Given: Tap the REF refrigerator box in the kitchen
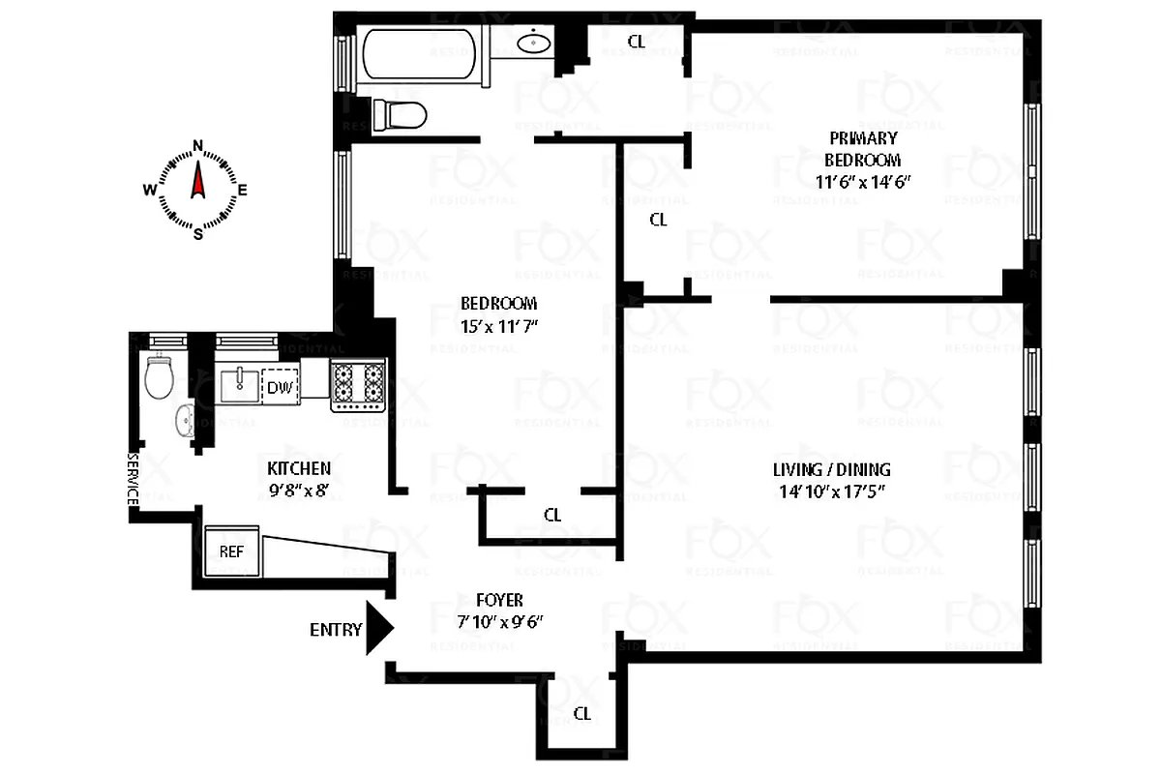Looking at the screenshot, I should (232, 551).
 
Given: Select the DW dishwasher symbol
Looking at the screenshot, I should (282, 387).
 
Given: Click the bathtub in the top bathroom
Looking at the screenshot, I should (420, 56).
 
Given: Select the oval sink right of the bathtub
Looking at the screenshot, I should (534, 43).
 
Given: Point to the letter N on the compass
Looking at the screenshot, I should (198, 146).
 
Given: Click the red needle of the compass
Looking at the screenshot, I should (198, 181).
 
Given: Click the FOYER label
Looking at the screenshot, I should (499, 600).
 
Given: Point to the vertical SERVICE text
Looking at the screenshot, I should (134, 479).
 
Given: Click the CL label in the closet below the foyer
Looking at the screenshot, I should (581, 714).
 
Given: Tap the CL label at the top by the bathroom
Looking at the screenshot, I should (636, 41).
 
